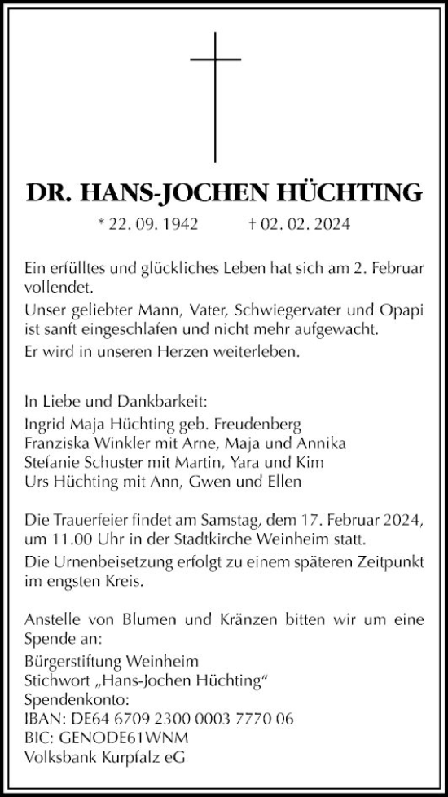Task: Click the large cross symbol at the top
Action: click(x=217, y=96)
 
